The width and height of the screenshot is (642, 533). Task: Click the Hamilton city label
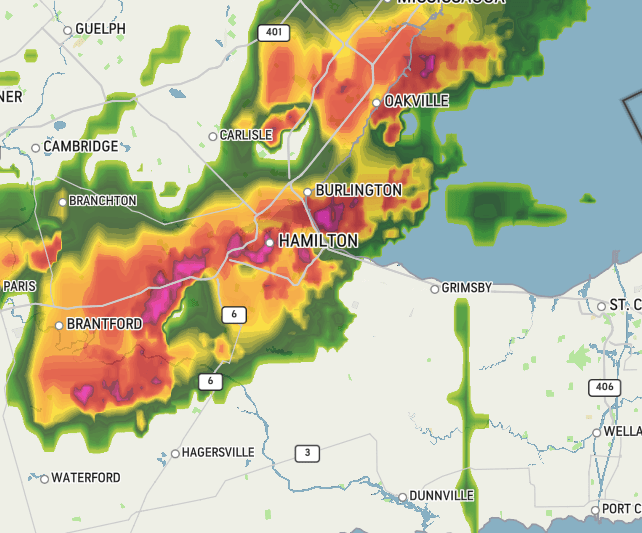(317, 241)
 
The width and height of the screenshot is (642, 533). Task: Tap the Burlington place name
(358, 190)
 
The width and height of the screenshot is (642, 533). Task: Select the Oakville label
(416, 101)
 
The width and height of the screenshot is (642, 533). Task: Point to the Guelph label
(101, 29)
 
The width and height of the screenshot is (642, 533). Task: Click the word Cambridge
(81, 146)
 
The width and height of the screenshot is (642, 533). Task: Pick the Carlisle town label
(246, 135)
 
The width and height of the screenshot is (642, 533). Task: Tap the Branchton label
(102, 201)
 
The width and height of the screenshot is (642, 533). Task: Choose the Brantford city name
(104, 324)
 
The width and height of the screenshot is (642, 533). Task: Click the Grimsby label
(468, 288)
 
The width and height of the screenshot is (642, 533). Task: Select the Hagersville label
(218, 452)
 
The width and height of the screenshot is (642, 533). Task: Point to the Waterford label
(86, 478)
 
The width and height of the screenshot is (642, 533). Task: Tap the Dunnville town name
(441, 496)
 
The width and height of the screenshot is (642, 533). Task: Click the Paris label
(19, 285)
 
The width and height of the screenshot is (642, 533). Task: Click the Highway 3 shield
(307, 453)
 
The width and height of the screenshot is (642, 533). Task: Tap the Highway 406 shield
(604, 387)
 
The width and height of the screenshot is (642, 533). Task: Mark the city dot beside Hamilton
(269, 242)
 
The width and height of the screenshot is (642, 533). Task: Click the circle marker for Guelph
(68, 30)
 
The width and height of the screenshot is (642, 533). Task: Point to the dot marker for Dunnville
(402, 497)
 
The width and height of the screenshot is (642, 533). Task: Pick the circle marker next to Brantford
(59, 325)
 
